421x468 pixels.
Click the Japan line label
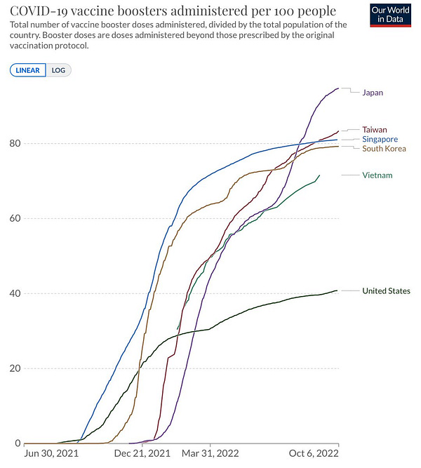pyautogui.click(x=373, y=93)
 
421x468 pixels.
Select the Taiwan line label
pyautogui.click(x=374, y=129)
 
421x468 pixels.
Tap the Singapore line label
pyautogui.click(x=380, y=139)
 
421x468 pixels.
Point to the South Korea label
pyautogui.click(x=384, y=149)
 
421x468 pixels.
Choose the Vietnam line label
pyautogui.click(x=377, y=175)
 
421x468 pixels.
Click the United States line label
pyautogui.click(x=386, y=290)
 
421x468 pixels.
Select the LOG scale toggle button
pyautogui.click(x=59, y=70)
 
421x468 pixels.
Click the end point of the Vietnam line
pyautogui.click(x=320, y=175)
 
